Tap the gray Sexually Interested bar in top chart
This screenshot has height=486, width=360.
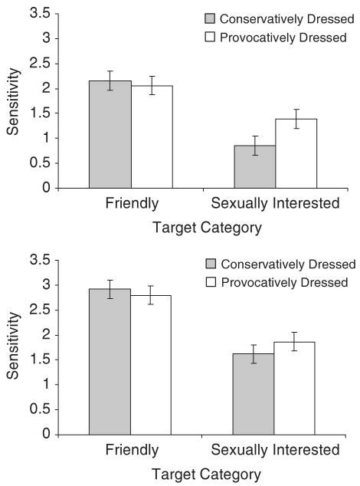[x=254, y=166]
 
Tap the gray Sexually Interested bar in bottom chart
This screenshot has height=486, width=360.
[x=254, y=394]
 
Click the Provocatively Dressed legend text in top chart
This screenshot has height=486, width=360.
[x=284, y=38]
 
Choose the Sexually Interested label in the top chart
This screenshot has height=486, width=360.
[x=275, y=204]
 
